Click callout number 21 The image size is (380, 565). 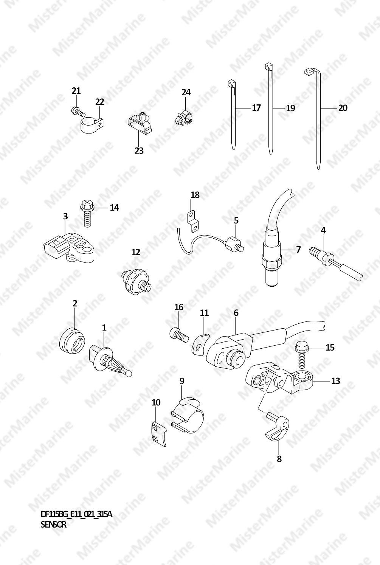(76, 91)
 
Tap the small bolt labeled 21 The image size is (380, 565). (78, 111)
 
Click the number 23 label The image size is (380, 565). (139, 151)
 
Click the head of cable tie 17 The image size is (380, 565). (231, 84)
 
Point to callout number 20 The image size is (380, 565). (343, 108)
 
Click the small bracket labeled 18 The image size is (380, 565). (193, 221)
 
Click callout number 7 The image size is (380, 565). (298, 250)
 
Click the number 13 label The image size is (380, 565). (336, 380)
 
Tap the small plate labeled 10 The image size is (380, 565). (159, 435)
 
